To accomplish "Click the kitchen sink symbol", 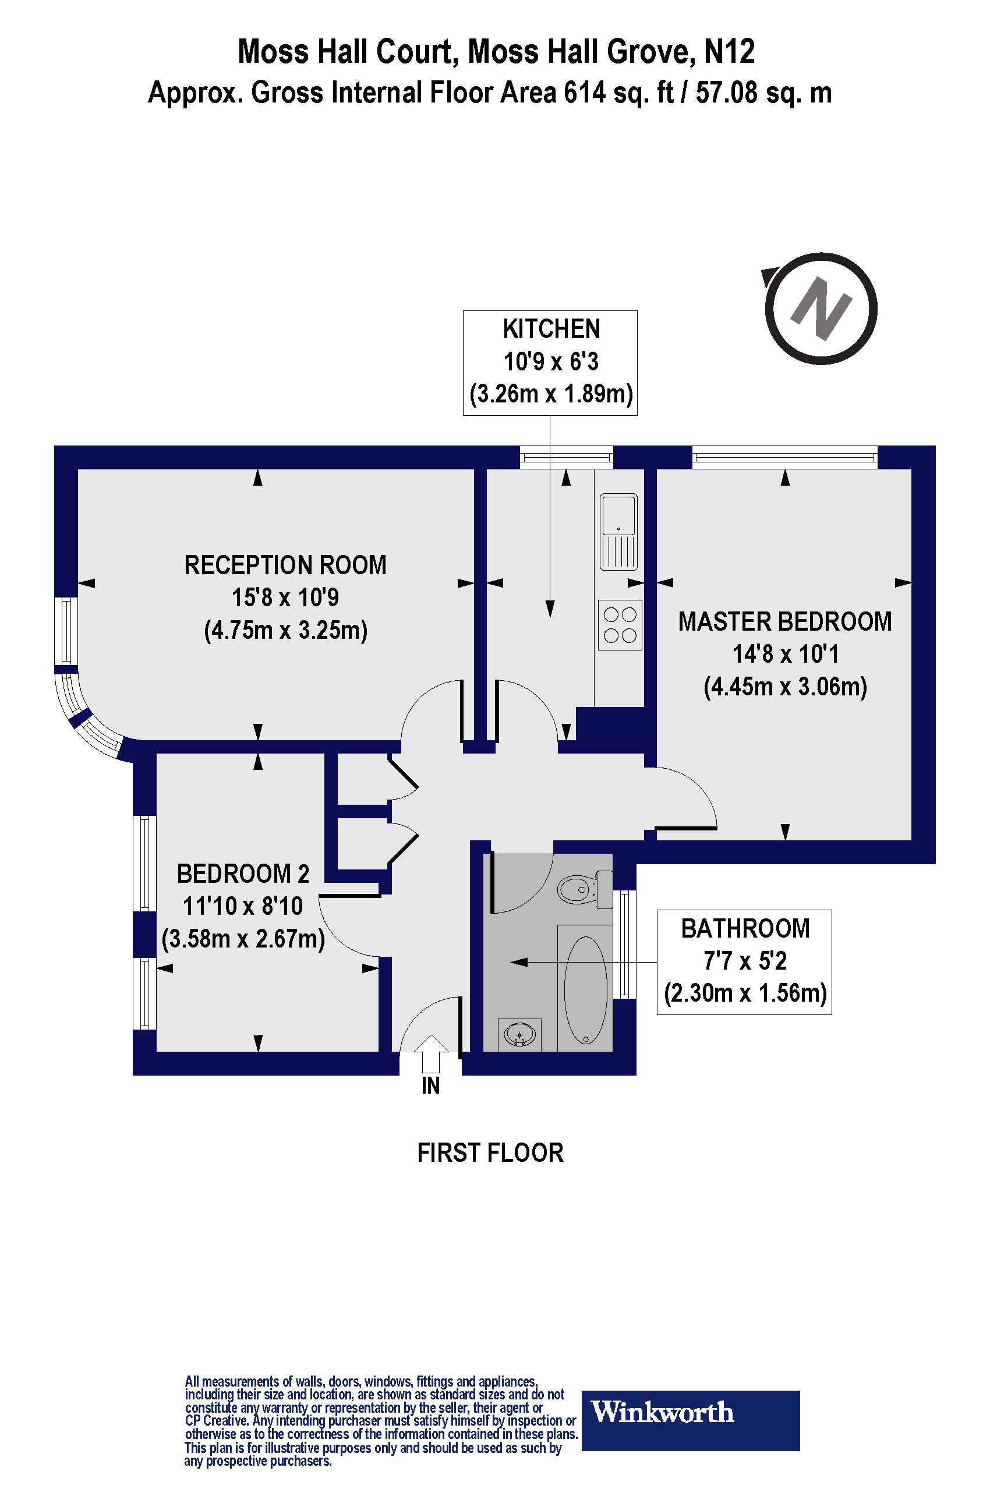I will (618, 532).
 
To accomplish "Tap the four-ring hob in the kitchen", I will (620, 624).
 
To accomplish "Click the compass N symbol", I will (821, 308).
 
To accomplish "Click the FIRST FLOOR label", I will (490, 1153).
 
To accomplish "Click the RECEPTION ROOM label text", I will (285, 565).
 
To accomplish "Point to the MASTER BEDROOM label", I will (785, 622).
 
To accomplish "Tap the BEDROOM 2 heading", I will (243, 874).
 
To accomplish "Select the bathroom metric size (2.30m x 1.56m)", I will (745, 993).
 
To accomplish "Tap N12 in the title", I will (729, 52).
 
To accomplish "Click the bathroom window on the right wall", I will (624, 944).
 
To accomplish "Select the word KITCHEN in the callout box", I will (550, 329).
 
